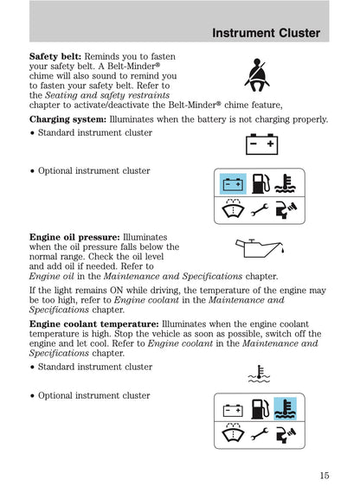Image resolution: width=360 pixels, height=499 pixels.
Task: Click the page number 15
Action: (x=323, y=474)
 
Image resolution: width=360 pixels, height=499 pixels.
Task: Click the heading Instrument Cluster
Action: (x=266, y=34)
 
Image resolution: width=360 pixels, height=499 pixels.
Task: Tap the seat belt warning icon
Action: (x=256, y=74)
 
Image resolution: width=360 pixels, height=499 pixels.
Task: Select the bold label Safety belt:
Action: (x=55, y=54)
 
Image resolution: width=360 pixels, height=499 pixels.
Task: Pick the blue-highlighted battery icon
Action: (x=232, y=183)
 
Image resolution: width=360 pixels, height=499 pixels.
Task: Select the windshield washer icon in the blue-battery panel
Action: (x=232, y=210)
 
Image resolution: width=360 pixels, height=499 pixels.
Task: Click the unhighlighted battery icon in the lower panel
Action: (x=232, y=407)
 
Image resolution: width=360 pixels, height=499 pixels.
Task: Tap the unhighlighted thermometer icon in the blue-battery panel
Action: (x=286, y=183)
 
